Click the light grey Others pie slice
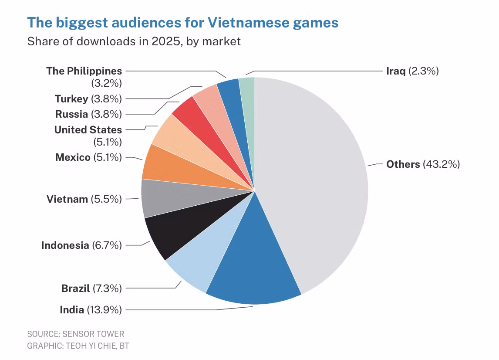point(312,178)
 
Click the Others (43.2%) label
point(423,164)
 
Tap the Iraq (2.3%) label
point(412,71)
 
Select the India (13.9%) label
point(91,310)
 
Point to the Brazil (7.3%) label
point(91,289)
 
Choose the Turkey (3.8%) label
point(88,99)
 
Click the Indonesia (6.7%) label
point(81,245)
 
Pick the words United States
point(88,130)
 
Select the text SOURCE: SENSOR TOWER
point(76,334)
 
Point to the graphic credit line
point(78,346)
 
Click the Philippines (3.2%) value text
point(107,83)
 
